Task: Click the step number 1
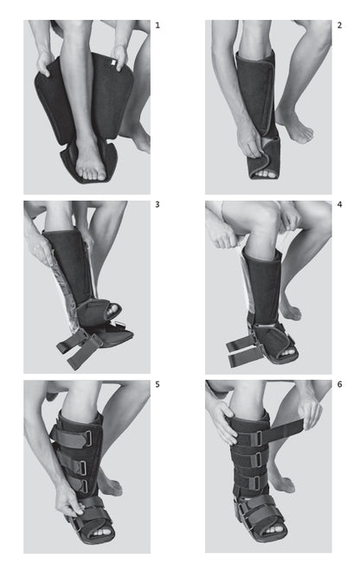[x=157, y=26]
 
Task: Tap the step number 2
[x=339, y=26]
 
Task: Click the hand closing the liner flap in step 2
[x=252, y=143]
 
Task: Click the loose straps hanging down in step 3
[x=74, y=350]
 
